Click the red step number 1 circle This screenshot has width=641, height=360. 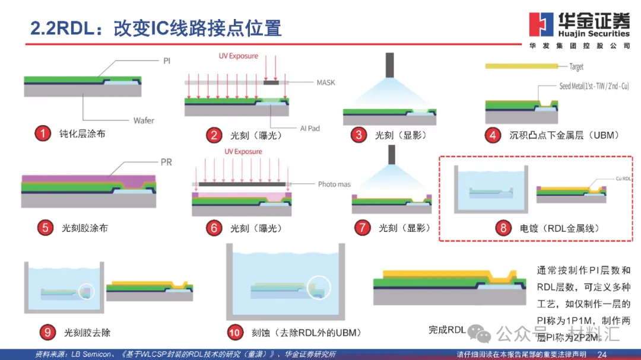coord(42,133)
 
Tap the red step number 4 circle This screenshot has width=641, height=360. coord(493,135)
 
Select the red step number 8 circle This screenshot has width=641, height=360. coord(503,227)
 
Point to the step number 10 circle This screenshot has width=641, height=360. coord(235,332)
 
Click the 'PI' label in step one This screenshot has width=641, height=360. coord(166,60)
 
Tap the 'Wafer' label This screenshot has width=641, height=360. coord(144,120)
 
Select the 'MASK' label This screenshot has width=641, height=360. coord(325,82)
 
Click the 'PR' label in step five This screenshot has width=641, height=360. coord(166,162)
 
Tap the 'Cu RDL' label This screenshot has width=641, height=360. coord(623,179)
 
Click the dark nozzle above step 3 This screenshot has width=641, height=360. coord(389,65)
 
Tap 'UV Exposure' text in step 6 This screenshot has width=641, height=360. coord(243,152)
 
